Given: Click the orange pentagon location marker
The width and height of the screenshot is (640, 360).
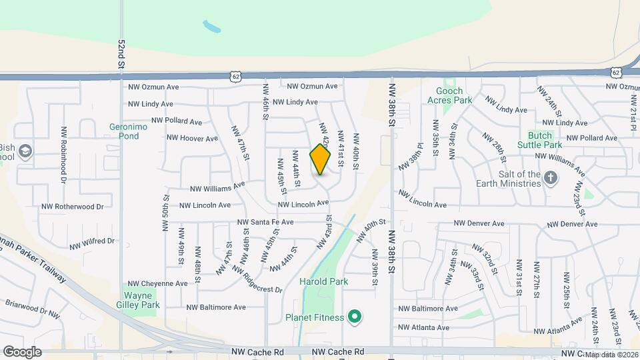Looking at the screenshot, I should click(x=320, y=159).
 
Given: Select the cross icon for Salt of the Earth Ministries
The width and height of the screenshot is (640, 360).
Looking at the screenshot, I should click(x=551, y=177).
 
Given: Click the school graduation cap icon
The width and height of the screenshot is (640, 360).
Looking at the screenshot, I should click(x=25, y=149).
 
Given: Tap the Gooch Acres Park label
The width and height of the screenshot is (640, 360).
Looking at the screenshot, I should click(x=454, y=95).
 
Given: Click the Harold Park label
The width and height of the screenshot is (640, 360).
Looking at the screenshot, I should click(x=324, y=281).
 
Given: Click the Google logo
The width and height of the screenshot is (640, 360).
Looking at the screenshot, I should click(x=22, y=351).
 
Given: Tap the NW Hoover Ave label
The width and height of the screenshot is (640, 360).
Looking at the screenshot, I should click(x=192, y=139).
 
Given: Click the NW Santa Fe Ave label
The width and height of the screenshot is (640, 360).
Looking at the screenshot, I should click(x=265, y=222).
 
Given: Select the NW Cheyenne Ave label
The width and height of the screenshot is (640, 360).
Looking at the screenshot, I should click(x=158, y=283).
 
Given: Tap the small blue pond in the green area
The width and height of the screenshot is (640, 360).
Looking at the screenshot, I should click(x=212, y=27).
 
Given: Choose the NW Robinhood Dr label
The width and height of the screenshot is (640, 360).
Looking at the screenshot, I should click(x=64, y=155).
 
